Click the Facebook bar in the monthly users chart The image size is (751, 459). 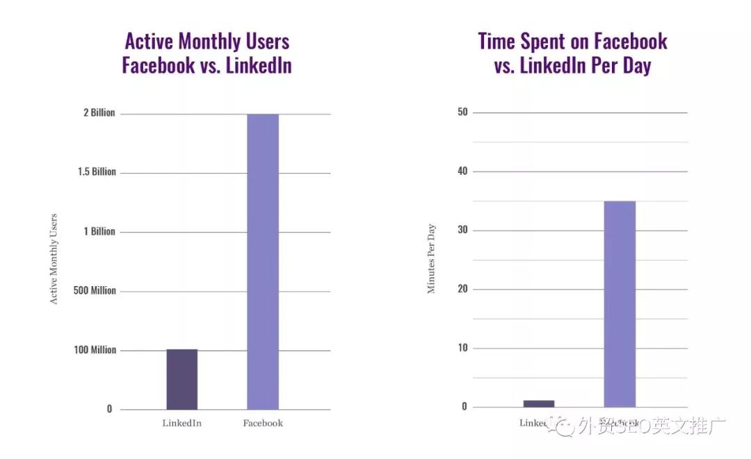click(x=263, y=262)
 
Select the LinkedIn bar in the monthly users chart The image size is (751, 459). click(x=182, y=379)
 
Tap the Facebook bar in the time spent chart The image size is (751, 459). click(x=620, y=303)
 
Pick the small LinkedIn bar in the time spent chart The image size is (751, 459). click(x=539, y=403)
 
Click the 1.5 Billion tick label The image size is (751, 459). click(x=97, y=172)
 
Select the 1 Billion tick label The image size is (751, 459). click(x=99, y=231)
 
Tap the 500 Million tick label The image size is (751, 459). click(x=95, y=290)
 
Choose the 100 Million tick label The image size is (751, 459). click(x=95, y=350)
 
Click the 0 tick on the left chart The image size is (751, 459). click(x=109, y=409)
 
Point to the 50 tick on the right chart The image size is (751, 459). click(x=462, y=112)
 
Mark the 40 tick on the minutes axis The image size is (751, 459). click(x=462, y=171)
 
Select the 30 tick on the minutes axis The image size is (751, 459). click(x=462, y=230)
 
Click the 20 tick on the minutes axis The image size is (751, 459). click(x=462, y=289)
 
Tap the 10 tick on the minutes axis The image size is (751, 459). click(x=462, y=348)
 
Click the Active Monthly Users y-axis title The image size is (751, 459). click(x=54, y=259)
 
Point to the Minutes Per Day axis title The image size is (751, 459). click(x=431, y=258)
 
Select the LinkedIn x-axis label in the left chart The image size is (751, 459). click(x=182, y=423)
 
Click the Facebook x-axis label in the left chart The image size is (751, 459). click(x=263, y=423)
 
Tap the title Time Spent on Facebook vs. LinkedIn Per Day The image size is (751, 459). click(x=572, y=53)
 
